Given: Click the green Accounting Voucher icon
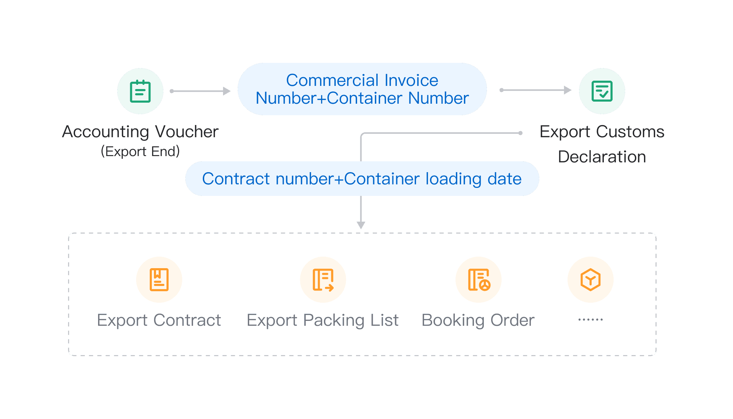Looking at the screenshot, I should [x=140, y=91].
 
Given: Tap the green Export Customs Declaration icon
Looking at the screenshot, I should [x=602, y=91].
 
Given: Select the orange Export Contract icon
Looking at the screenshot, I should [x=159, y=280].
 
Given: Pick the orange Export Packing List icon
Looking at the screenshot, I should [x=323, y=280].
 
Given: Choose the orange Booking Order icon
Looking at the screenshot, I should [x=479, y=280].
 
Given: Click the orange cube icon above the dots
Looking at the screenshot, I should [x=590, y=280].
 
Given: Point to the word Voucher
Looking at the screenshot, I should [x=187, y=132].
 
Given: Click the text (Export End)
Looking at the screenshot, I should [x=140, y=152].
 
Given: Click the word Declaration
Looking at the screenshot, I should [x=602, y=157].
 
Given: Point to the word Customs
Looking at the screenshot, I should [x=630, y=132].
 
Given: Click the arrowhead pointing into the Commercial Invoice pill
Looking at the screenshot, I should [x=227, y=91].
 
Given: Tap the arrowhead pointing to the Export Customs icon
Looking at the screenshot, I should [x=568, y=90].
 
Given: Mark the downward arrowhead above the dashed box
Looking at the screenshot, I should [x=361, y=225].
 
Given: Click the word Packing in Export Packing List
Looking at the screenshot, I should [x=334, y=321].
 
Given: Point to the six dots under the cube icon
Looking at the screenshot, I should [x=590, y=319].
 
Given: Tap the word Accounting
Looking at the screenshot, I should [x=106, y=132].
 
